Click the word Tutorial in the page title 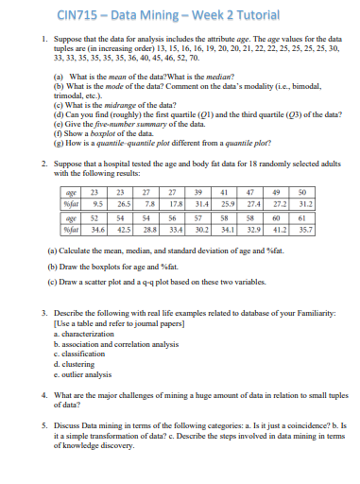coord(228,13)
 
